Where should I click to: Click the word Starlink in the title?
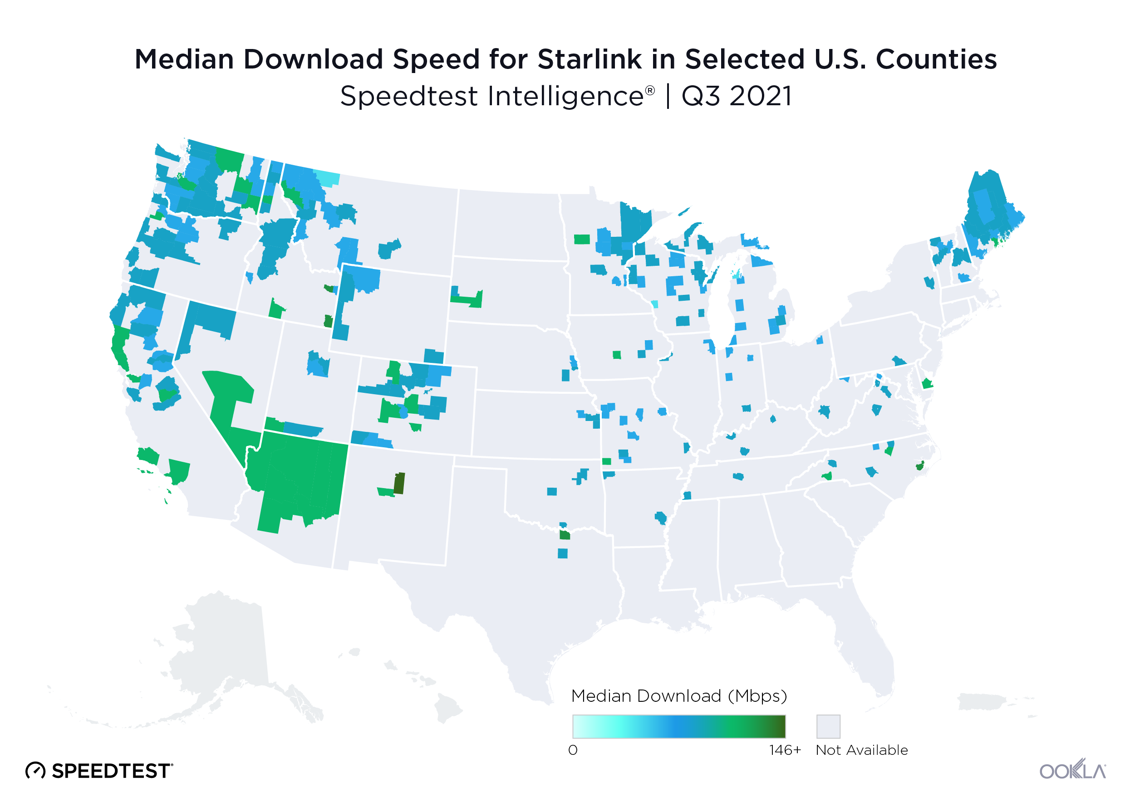point(589,59)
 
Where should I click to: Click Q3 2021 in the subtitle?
point(737,96)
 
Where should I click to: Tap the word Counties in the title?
point(935,59)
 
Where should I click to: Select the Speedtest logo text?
point(111,771)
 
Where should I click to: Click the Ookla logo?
point(1072,769)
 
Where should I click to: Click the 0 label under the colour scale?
point(573,750)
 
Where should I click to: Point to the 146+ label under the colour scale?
point(784,750)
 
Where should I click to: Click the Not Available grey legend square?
point(828,726)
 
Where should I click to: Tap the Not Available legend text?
point(861,750)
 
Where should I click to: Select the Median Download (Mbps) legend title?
point(679,696)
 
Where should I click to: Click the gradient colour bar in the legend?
point(679,726)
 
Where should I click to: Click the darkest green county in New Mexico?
point(399,483)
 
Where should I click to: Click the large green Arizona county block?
point(300,475)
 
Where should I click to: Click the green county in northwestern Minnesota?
point(581,239)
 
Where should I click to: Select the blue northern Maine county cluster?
point(985,205)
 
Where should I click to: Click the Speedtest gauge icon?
point(35,771)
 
